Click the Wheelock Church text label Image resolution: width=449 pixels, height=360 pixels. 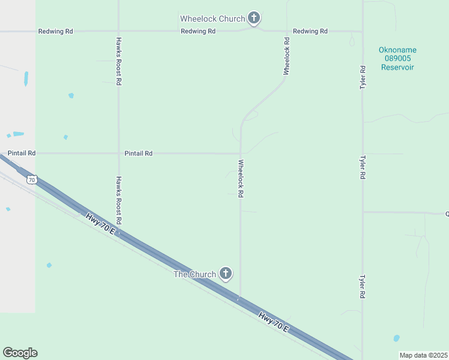click(212, 19)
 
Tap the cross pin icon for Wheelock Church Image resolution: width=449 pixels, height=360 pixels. click(254, 17)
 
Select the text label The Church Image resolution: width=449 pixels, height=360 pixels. click(194, 274)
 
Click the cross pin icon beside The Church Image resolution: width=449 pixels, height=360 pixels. click(226, 274)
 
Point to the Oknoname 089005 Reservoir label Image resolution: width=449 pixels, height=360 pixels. click(397, 59)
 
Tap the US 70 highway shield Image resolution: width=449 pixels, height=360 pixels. click(32, 179)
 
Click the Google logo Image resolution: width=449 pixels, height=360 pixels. click(20, 353)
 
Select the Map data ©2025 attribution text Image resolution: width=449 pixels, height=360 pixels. click(423, 355)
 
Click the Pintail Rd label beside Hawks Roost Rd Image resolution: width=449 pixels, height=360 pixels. click(138, 154)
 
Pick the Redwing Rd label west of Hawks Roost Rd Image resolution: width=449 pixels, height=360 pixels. click(55, 31)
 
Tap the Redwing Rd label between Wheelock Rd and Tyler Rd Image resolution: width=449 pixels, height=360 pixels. click(310, 31)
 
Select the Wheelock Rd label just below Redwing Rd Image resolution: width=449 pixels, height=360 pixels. click(286, 56)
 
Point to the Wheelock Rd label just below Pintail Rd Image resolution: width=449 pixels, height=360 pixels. click(241, 179)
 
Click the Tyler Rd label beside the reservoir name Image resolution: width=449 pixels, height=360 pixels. click(363, 78)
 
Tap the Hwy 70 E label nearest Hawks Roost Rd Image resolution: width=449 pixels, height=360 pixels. click(101, 223)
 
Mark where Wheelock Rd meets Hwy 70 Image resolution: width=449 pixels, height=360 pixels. click(240, 299)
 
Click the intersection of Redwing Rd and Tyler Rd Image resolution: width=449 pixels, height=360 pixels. click(362, 31)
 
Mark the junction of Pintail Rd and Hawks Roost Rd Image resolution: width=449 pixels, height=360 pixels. click(119, 154)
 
